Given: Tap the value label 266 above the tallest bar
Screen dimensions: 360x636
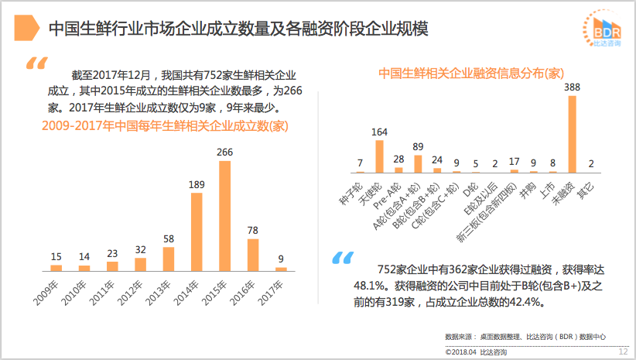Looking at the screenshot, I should (x=225, y=153).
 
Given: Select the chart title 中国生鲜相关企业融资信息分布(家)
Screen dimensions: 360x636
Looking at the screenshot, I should (x=470, y=74).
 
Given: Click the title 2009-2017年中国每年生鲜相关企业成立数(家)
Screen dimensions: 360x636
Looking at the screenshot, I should (x=165, y=125).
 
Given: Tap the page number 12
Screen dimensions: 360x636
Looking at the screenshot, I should (x=623, y=351).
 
